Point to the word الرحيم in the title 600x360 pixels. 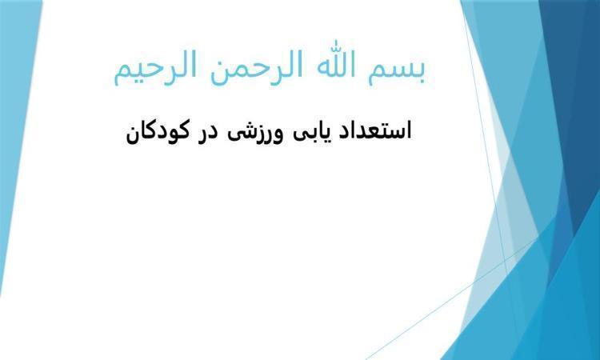pyautogui.click(x=155, y=68)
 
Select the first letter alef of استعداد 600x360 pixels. pyautogui.click(x=409, y=130)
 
